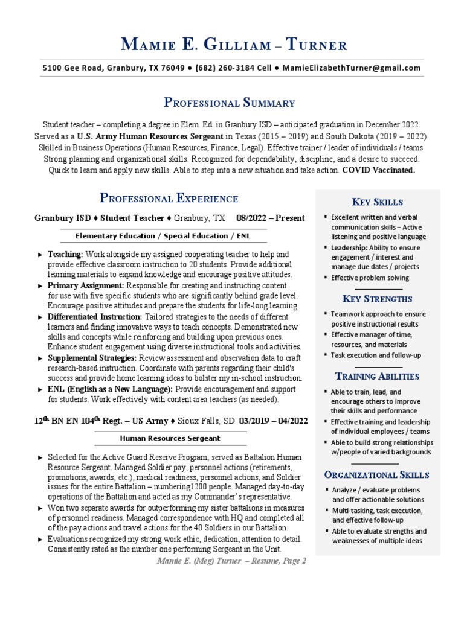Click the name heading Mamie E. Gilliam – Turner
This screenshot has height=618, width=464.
234,45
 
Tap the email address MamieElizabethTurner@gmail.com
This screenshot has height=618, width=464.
351,68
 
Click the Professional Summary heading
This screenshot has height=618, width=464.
230,103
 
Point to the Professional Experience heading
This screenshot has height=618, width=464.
169,199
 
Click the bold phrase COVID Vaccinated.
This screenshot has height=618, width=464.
379,170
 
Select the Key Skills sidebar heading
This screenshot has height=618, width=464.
377,202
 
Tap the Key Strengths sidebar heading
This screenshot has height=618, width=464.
377,299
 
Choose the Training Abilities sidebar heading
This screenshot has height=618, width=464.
377,377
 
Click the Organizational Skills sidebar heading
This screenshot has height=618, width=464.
377,475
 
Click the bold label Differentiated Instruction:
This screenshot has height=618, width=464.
95,317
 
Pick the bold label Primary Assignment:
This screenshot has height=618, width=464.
86,285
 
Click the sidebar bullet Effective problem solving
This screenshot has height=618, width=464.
370,278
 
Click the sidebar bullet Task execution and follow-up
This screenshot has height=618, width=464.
376,355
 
